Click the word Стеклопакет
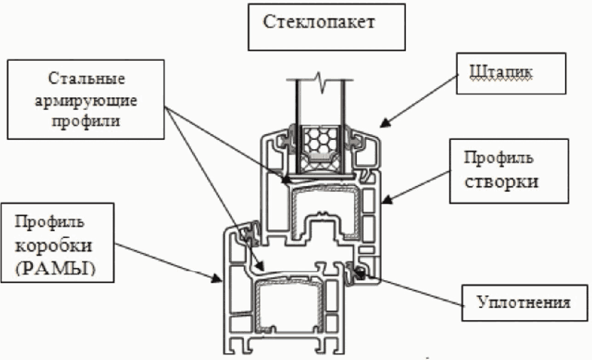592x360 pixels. [318, 22]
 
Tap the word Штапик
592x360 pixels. [501, 72]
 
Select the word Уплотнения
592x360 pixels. [523, 302]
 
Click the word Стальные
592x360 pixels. [87, 78]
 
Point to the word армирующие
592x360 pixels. [86, 101]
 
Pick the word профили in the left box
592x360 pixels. [86, 122]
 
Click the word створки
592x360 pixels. [501, 182]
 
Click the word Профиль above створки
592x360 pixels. [498, 158]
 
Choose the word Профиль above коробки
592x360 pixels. [49, 222]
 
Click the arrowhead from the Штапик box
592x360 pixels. [384, 123]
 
